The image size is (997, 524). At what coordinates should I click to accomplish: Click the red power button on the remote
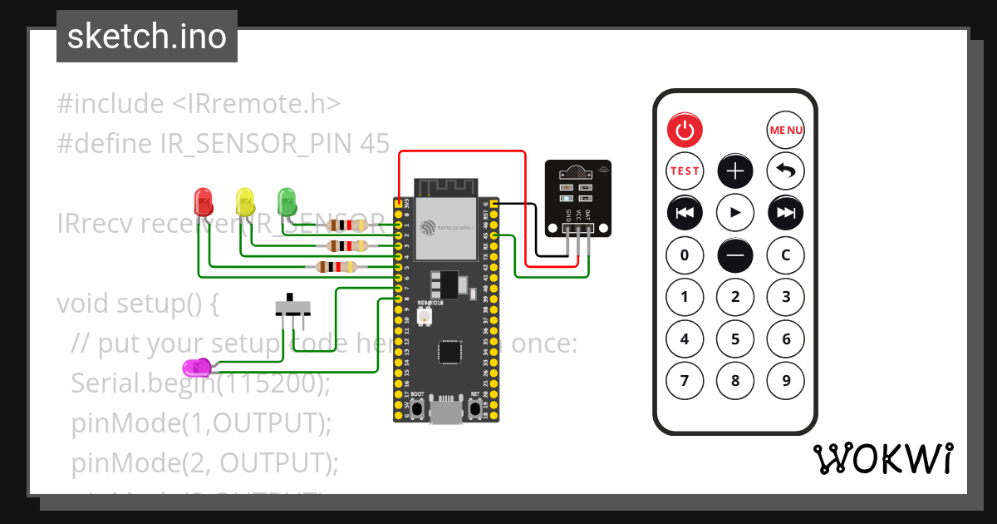click(685, 130)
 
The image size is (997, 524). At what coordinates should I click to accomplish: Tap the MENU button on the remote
click(785, 130)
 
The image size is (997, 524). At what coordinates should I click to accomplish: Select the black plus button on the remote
click(735, 171)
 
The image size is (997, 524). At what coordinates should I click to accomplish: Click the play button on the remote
click(735, 213)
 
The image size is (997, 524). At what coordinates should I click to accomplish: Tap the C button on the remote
click(785, 255)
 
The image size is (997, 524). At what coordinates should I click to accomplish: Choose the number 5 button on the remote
click(735, 339)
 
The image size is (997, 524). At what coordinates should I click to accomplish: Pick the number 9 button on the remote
click(785, 381)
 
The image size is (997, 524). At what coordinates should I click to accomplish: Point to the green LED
click(287, 200)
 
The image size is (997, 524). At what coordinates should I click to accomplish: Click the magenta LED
click(197, 367)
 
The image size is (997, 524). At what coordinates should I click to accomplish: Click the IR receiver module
click(577, 196)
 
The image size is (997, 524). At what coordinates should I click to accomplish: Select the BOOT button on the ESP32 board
click(418, 408)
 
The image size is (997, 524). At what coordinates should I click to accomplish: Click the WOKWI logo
click(882, 458)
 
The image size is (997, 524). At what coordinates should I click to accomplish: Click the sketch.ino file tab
click(147, 37)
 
